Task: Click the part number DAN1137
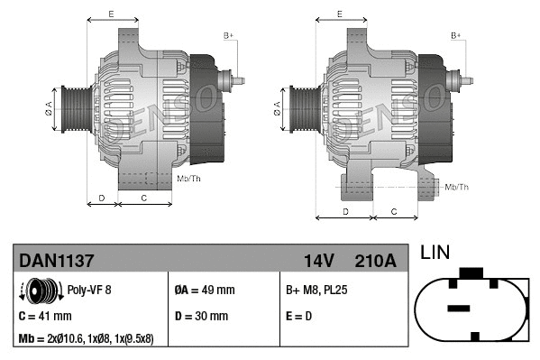56,261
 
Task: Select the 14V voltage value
318,261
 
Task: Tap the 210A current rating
377,261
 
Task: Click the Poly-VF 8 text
88,291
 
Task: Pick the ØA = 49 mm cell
204,291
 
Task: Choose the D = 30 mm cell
200,316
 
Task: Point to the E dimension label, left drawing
111,14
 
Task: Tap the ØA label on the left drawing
50,108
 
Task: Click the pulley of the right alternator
301,108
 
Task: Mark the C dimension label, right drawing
394,211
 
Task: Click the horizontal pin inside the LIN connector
460,309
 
